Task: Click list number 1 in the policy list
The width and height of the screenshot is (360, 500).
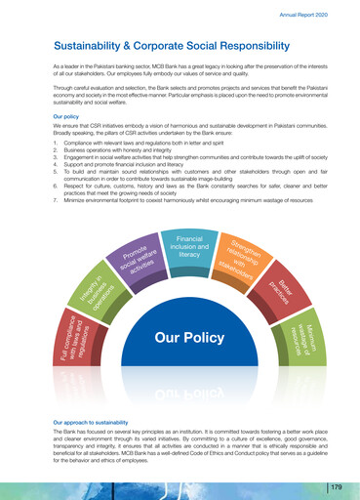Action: tap(56, 143)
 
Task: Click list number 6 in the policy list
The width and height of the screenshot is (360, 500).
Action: tap(56, 184)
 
